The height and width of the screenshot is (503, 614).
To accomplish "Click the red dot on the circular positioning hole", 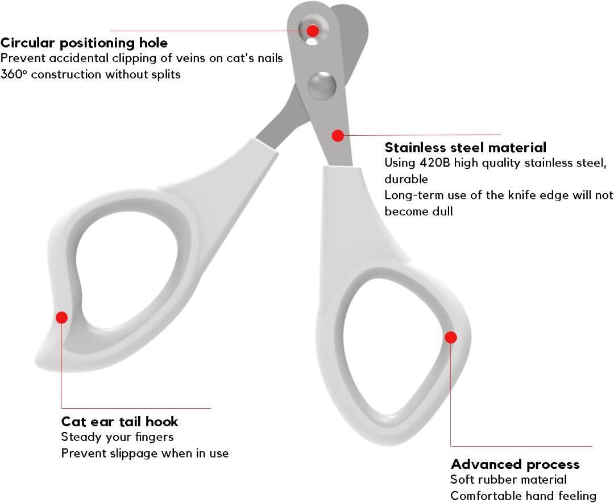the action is coord(313,31).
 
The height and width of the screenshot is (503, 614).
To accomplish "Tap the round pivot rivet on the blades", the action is coord(322,85).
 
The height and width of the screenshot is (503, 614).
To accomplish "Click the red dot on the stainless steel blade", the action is coord(338,136).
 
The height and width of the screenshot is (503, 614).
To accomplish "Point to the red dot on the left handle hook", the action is coord(62,317).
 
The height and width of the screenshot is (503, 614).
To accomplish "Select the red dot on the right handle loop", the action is coord(451,337).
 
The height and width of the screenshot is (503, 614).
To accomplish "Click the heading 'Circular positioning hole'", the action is coord(84,43).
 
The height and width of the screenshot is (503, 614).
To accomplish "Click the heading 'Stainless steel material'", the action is coord(465,148).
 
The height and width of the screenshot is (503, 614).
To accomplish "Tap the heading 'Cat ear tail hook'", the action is coord(119,422).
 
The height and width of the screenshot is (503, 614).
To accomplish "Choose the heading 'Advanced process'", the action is coord(515,464).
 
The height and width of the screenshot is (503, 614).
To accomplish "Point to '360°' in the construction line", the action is coord(14,74).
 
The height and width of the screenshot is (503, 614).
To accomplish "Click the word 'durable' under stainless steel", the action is coord(406,179).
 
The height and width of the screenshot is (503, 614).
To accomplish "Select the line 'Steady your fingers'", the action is coord(117,437).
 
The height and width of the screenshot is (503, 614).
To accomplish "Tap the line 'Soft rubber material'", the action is coord(508,480).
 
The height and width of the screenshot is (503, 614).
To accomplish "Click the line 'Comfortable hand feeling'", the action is coord(523,496).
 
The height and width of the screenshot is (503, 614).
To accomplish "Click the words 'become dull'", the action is coord(418,211).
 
